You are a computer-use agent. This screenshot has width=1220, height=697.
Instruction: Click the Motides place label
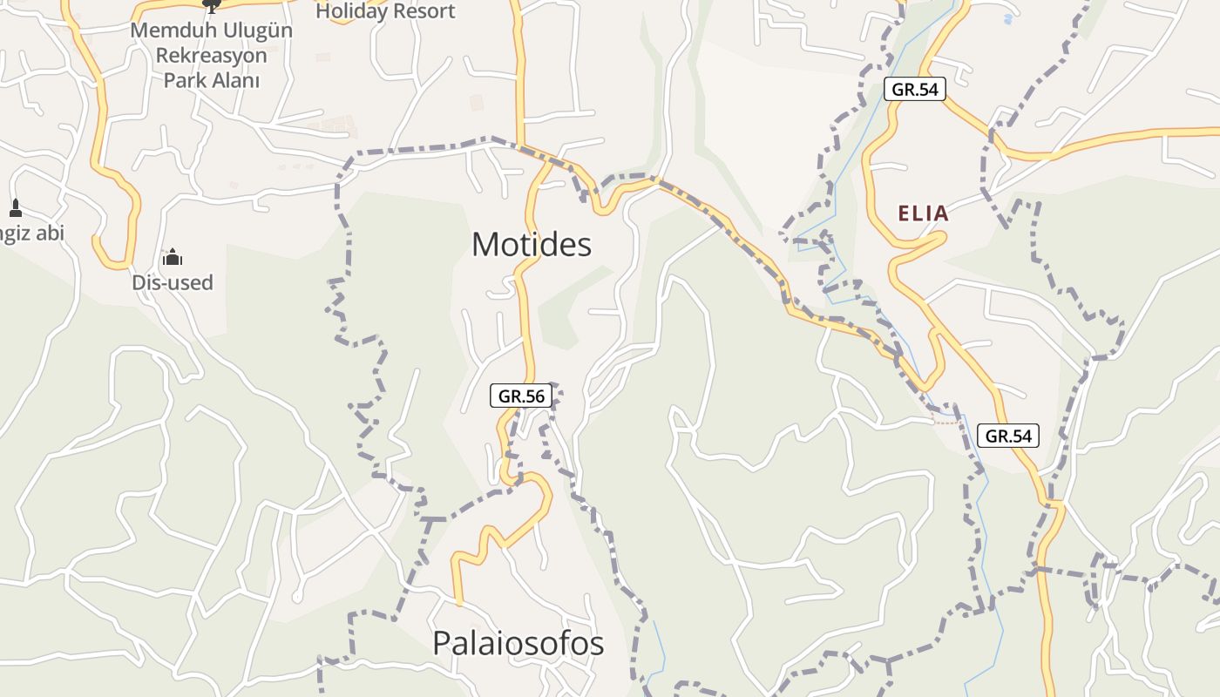point(532,245)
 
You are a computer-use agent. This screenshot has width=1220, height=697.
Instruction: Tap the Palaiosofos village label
point(518,643)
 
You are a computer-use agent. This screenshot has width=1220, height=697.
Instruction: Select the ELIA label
point(923,213)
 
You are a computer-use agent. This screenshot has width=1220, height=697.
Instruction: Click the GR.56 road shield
point(521,396)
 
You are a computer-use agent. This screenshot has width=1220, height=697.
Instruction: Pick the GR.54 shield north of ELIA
point(914,89)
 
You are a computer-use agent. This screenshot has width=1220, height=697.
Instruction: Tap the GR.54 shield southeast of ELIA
point(1008,436)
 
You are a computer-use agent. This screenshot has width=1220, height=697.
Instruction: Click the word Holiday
point(351,11)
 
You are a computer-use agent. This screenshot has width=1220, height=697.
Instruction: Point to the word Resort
point(423,11)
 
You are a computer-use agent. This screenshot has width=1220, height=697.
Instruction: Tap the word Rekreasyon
point(211,56)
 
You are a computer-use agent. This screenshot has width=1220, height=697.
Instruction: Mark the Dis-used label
point(173,282)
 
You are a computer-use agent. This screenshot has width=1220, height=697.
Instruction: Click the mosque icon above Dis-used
point(173,257)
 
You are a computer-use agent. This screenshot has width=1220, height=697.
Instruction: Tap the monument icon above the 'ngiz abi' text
point(15,208)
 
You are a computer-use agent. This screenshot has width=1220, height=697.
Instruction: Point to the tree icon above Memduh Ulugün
point(210,5)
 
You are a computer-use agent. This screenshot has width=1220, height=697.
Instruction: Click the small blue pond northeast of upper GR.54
point(1008,17)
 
